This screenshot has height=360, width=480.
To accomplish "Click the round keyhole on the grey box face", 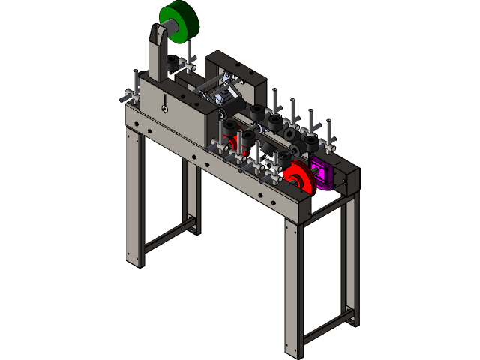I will click(163, 107).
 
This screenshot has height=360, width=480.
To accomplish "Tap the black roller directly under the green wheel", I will click(174, 64).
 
